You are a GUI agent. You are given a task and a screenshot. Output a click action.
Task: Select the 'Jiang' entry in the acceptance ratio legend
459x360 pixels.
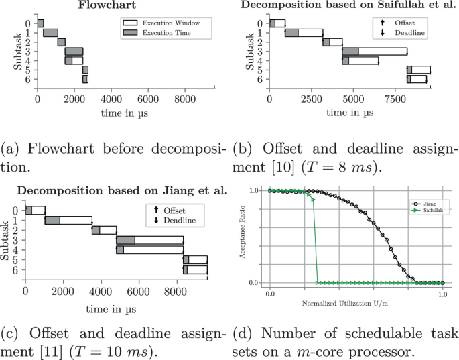point(421,202)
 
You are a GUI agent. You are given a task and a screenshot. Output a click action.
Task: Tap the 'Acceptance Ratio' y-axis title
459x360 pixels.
point(249,237)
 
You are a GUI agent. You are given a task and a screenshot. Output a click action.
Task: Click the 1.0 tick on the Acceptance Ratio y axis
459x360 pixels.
point(255,191)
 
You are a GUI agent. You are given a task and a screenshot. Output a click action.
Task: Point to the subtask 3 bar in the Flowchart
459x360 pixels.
point(74,52)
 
